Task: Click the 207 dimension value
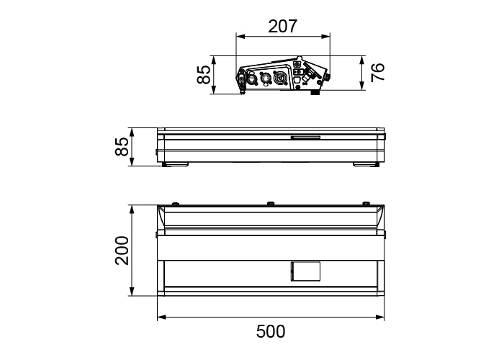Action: point(283,27)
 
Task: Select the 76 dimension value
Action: point(378,73)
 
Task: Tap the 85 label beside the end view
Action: point(204,75)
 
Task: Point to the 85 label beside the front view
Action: point(122,147)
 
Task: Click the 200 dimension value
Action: point(122,251)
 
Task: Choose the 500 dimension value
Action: point(271,332)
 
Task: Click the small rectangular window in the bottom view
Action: point(305,271)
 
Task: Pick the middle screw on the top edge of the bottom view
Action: point(271,204)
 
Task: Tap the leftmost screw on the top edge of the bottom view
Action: point(176,204)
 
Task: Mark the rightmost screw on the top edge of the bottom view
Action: point(366,204)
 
